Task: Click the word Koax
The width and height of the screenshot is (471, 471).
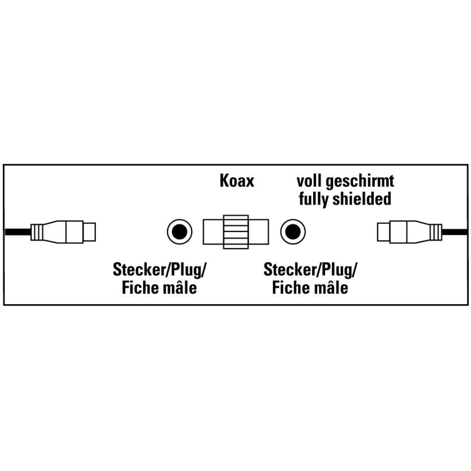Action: click(237, 181)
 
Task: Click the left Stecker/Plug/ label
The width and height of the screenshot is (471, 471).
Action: click(160, 270)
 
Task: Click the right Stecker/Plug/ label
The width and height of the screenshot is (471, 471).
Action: click(310, 270)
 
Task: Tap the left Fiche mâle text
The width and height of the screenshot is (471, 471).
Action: click(160, 287)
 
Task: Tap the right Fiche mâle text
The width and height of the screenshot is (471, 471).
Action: click(310, 287)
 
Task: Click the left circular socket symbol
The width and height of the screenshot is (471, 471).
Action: click(180, 232)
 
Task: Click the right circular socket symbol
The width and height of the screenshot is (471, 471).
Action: click(293, 232)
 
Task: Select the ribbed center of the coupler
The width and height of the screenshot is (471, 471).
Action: click(236, 232)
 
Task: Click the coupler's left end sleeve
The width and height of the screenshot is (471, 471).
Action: click(213, 232)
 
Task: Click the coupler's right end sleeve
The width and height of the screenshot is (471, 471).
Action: click(259, 232)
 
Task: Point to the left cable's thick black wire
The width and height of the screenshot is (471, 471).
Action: click(18, 232)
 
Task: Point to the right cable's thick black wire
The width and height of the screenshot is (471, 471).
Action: click(455, 232)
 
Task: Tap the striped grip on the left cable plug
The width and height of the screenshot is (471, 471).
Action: click(38, 232)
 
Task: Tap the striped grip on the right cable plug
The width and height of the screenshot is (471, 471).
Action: click(435, 232)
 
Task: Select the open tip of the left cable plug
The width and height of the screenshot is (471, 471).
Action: click(89, 232)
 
